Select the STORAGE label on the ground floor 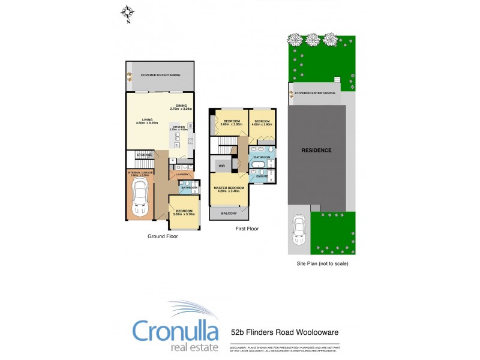[145, 155]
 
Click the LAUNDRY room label [183, 175]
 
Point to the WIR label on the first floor [221, 165]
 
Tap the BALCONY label [229, 213]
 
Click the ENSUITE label [262, 176]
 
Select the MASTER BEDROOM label [229, 188]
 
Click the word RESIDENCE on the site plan [316, 150]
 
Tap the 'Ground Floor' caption [163, 236]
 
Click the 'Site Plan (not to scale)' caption [322, 263]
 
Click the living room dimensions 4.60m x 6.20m [146, 122]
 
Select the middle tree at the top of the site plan [312, 40]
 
